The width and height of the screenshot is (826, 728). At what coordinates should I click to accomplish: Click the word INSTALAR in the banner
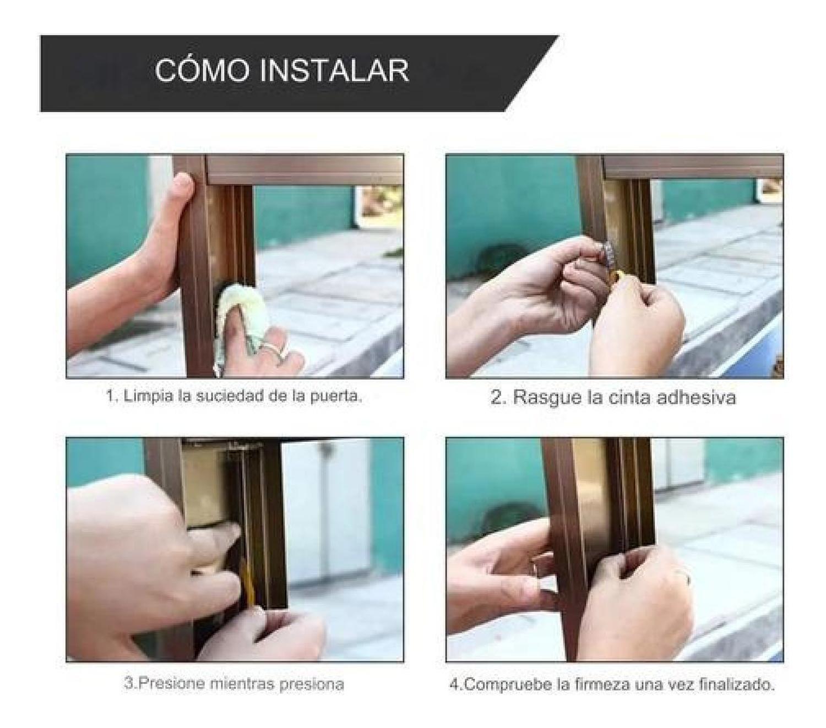click(334, 70)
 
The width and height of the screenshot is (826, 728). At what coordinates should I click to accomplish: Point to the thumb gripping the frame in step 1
click(182, 190)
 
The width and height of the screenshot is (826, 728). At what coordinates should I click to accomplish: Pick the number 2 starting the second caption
click(496, 397)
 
